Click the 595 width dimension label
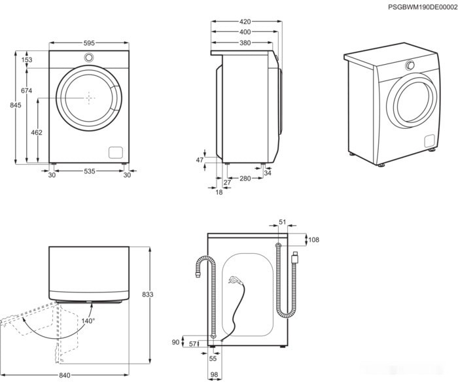pyautogui.click(x=88, y=44)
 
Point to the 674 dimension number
pyautogui.click(x=27, y=91)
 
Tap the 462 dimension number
pyautogui.click(x=37, y=133)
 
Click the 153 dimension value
pyautogui.click(x=27, y=60)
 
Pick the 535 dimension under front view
pyautogui.click(x=89, y=171)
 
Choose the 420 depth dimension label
pyautogui.click(x=245, y=22)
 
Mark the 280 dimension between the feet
pyautogui.click(x=245, y=179)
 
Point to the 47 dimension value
pyautogui.click(x=200, y=160)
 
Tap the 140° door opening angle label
pyautogui.click(x=88, y=321)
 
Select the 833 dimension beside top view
pyautogui.click(x=147, y=295)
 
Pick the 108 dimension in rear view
pyautogui.click(x=313, y=240)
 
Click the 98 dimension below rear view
pyautogui.click(x=215, y=374)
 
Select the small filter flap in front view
pyautogui.click(x=115, y=152)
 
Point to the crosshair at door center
pyautogui.click(x=88, y=97)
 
